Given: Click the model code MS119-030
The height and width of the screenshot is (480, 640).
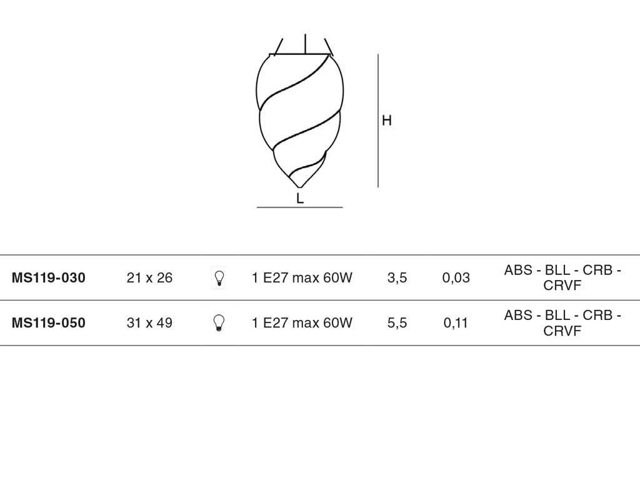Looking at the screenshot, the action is point(49,277).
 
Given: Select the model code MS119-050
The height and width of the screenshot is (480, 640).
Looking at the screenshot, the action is point(49,323).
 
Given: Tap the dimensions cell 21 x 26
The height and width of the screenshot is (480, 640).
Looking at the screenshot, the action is point(149,277).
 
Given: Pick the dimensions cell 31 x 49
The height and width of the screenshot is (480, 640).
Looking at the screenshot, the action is point(149,323).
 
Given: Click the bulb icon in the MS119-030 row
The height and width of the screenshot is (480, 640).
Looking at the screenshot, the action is point(219,278).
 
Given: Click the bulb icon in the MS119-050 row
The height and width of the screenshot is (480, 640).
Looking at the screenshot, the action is point(219,323).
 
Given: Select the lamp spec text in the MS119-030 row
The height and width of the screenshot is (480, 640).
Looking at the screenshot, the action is point(302,277).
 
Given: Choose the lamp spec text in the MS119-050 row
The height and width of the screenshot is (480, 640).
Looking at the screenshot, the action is point(302,323).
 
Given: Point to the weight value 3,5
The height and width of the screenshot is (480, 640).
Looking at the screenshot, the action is point(397,278).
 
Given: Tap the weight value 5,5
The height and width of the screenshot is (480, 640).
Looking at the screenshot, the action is point(397,323).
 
